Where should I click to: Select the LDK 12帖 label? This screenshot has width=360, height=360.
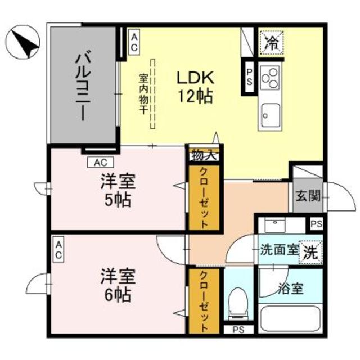click(x=195, y=85)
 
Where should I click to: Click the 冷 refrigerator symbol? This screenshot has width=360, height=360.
click(x=271, y=41)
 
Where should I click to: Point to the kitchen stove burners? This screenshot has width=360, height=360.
click(x=270, y=78)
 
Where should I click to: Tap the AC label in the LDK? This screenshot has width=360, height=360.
click(x=134, y=42)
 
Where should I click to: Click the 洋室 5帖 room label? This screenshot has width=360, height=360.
click(x=116, y=191)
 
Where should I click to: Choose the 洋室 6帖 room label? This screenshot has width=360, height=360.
click(x=116, y=285)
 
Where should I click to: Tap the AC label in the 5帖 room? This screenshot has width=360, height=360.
click(x=101, y=163)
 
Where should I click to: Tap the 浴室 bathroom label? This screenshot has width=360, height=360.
click(x=290, y=289)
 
